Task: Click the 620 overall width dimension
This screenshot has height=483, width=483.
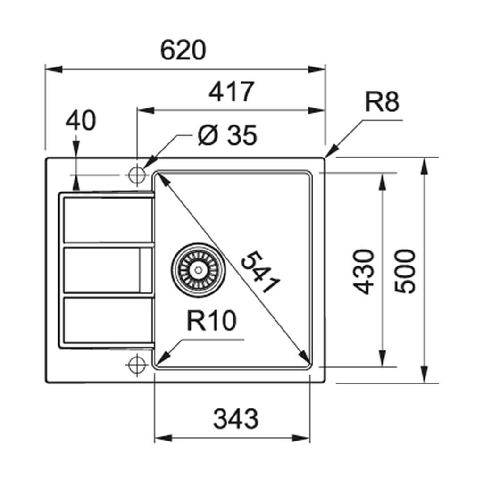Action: (x=183, y=50)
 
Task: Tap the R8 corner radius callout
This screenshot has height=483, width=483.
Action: (x=382, y=103)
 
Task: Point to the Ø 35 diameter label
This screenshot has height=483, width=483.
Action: (x=227, y=136)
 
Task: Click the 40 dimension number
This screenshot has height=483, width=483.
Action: (x=80, y=121)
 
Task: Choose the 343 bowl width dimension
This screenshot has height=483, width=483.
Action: (x=236, y=419)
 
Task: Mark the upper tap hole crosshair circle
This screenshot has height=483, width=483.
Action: (x=136, y=175)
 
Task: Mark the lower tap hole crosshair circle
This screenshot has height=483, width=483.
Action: (x=136, y=364)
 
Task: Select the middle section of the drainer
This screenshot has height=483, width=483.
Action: (x=101, y=270)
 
